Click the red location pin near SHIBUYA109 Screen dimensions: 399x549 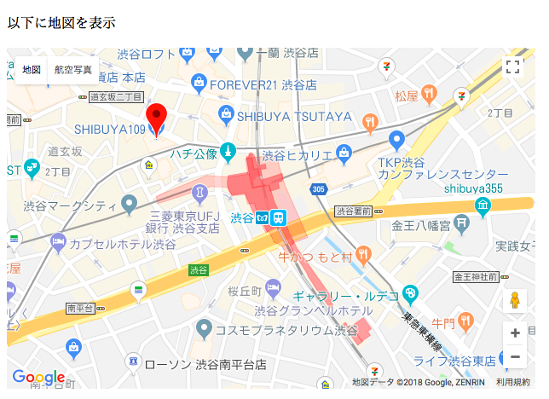click(156, 117)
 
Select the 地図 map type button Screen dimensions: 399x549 click(32, 69)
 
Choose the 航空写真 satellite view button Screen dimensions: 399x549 click(73, 69)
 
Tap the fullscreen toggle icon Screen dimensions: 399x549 click(513, 67)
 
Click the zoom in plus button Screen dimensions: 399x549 click(515, 333)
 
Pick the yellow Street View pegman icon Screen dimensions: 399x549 click(515, 301)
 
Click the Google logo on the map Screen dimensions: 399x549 click(38, 377)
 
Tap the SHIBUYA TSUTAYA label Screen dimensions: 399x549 click(294, 116)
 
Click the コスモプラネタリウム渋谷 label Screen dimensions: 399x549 click(286, 329)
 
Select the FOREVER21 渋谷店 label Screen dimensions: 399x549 click(263, 84)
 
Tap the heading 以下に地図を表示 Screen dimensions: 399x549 click(61, 23)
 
